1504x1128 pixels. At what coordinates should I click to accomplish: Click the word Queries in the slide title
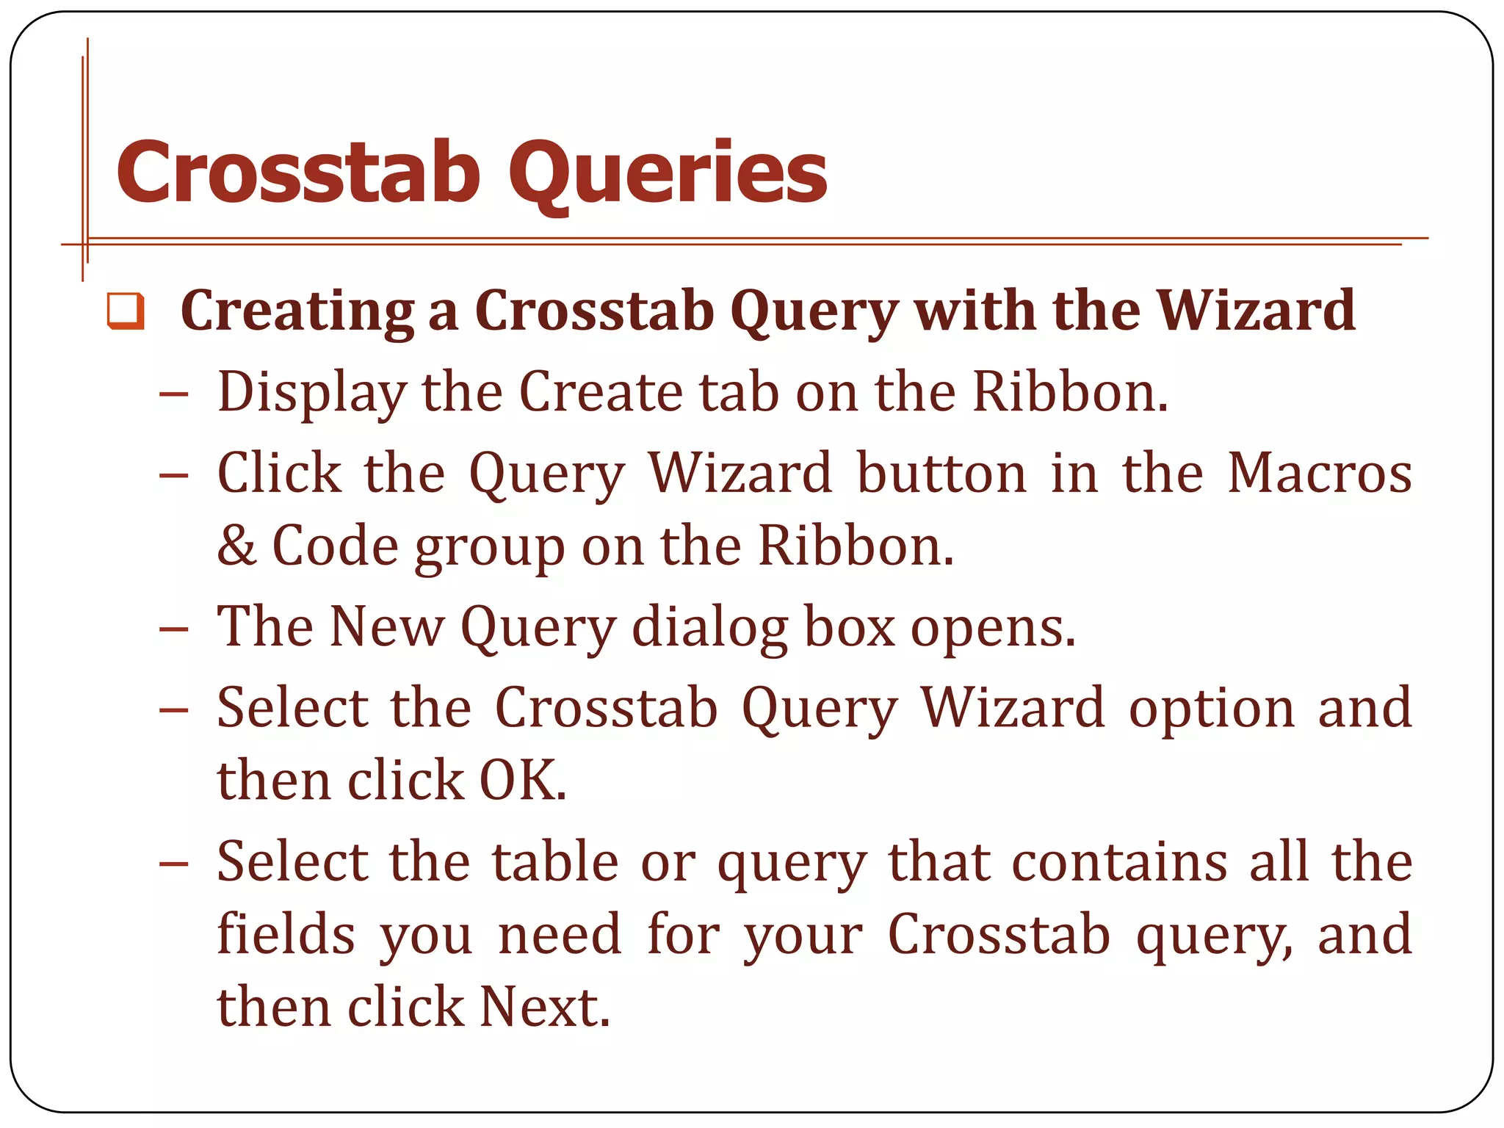point(668,175)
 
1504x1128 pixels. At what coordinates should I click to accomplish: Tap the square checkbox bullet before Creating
point(126,311)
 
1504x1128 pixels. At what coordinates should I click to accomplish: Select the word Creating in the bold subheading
point(297,311)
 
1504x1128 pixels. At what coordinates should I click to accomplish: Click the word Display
point(311,393)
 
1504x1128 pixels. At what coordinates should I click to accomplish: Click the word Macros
point(1319,473)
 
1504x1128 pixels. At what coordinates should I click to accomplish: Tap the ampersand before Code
point(236,546)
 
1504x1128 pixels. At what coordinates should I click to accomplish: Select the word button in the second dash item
point(941,473)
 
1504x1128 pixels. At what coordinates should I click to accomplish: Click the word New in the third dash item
point(386,626)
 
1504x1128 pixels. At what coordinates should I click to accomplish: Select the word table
point(555,861)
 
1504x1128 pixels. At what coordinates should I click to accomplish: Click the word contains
point(1119,861)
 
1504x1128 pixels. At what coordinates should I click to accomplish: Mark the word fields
point(286,934)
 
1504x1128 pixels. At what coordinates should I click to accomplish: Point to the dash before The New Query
point(174,629)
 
